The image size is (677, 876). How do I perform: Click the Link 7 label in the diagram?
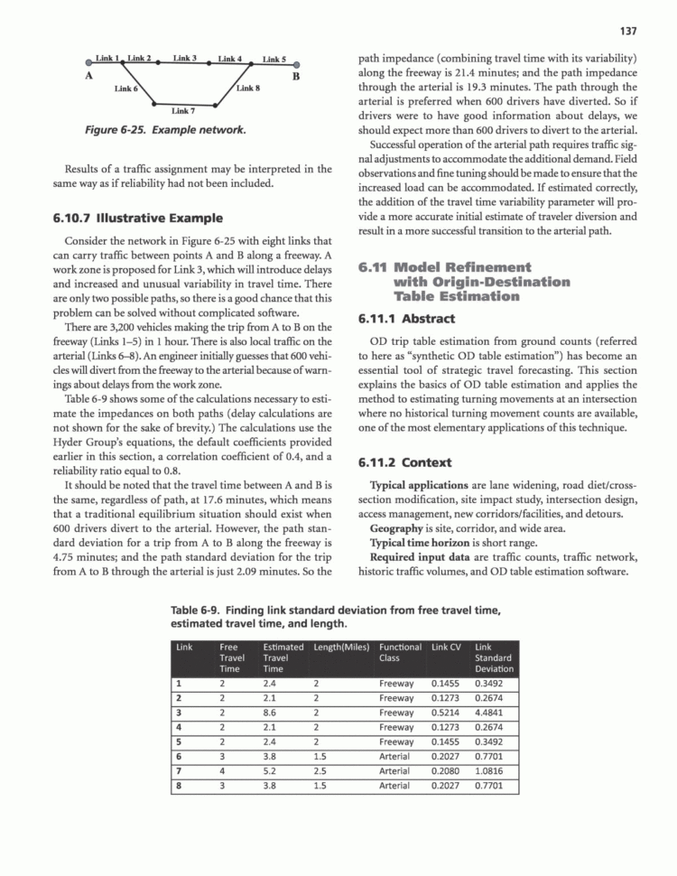[183, 111]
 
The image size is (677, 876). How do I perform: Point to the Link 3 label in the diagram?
[185, 58]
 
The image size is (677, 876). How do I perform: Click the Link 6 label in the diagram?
[126, 89]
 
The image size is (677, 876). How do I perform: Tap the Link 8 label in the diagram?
[248, 89]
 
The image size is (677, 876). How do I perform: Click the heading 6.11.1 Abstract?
[405, 319]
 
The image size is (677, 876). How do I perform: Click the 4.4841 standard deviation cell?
[493, 712]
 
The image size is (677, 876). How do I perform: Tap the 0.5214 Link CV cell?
[446, 712]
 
